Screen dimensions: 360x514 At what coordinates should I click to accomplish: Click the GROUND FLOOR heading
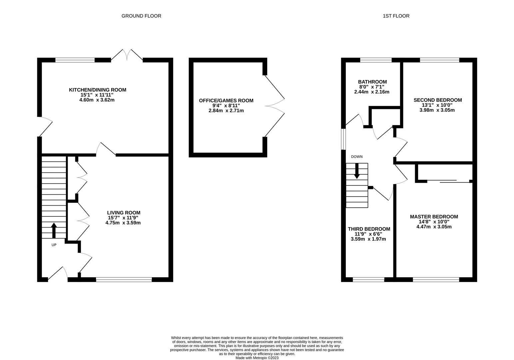[x=141, y=16]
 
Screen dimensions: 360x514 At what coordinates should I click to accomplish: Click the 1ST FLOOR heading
[x=396, y=16]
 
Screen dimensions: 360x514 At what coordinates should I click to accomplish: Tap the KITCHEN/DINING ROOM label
[x=97, y=90]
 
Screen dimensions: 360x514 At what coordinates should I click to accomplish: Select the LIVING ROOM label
[x=124, y=213]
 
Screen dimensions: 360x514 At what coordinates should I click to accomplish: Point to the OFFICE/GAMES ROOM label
[x=226, y=100]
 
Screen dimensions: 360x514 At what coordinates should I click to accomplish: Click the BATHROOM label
[x=372, y=82]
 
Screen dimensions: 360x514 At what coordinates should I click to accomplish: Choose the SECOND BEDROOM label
[x=437, y=100]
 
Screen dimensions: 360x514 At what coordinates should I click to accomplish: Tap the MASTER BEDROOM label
[x=434, y=217]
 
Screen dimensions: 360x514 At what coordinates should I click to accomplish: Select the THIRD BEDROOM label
[x=369, y=229]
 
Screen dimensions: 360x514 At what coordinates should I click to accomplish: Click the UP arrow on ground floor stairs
[x=54, y=230]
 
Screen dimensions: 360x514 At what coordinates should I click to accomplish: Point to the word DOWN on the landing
[x=356, y=157]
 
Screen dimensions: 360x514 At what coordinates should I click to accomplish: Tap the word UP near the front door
[x=54, y=245]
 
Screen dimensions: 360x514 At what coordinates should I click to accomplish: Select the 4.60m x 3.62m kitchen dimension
[x=97, y=100]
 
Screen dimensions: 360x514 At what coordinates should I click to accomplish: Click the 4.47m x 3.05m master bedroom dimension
[x=434, y=227]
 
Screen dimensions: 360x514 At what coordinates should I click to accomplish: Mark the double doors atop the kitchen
[x=127, y=55]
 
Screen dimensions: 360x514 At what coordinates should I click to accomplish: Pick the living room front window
[x=124, y=280]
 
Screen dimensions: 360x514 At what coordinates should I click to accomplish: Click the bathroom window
[x=376, y=60]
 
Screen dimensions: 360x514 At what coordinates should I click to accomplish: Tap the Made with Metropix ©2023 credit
[x=257, y=358]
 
